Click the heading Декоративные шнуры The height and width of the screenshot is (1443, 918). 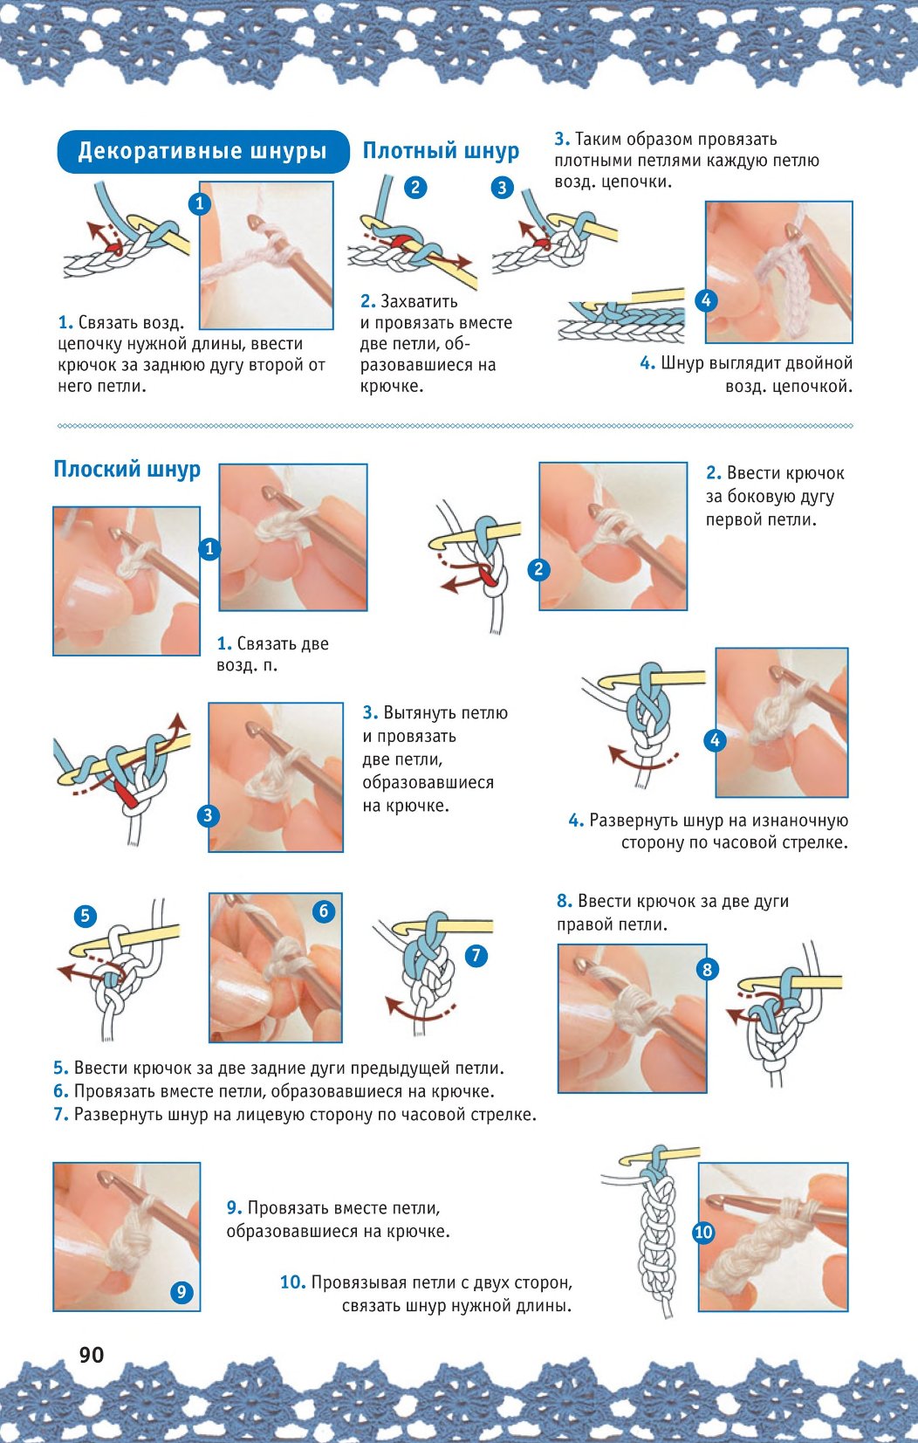[202, 151]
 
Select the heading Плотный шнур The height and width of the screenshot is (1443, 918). [441, 151]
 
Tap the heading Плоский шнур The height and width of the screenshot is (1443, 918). [127, 470]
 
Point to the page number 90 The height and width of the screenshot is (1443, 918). [92, 1355]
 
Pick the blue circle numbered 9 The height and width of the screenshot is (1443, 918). [182, 1292]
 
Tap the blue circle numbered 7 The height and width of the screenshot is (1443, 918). [476, 955]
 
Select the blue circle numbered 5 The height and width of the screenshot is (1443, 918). [85, 916]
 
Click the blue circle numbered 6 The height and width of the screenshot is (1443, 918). [323, 911]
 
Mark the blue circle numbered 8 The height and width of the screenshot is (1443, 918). [707, 969]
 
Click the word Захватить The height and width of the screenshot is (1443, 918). [419, 301]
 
